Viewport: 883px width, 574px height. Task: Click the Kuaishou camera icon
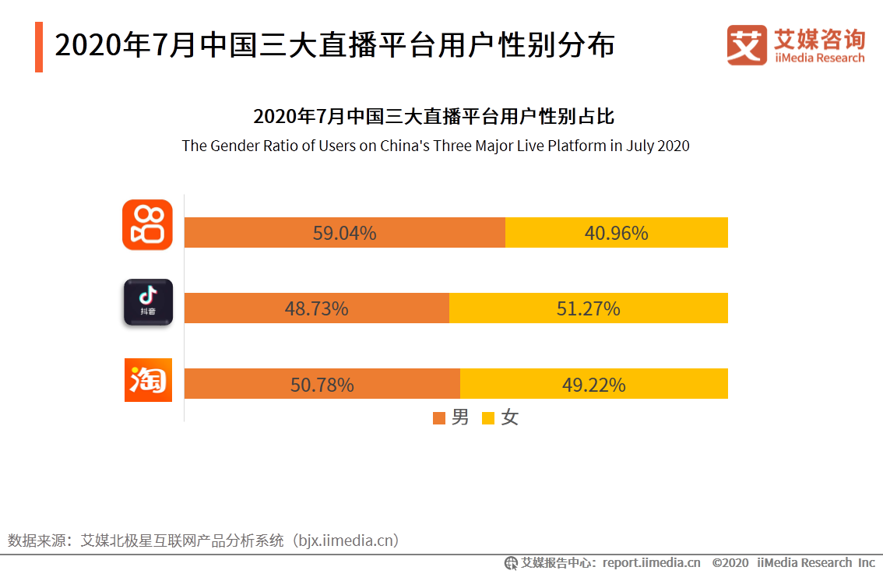[147, 225]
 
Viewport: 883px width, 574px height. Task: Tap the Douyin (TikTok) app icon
[148, 301]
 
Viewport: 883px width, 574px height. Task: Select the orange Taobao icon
[148, 380]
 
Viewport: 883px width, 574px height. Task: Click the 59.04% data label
[344, 233]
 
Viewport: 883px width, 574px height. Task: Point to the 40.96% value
[616, 233]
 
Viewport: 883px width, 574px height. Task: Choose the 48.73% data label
[316, 308]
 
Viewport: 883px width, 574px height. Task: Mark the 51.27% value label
[588, 308]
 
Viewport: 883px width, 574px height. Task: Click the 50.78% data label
[322, 385]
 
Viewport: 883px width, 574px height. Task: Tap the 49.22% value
[593, 385]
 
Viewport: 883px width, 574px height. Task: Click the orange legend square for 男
[439, 418]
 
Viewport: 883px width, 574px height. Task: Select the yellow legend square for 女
[488, 418]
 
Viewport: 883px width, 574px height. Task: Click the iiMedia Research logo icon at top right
[747, 45]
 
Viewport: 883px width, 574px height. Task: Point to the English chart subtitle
[435, 146]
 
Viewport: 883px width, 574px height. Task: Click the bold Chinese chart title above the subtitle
[434, 117]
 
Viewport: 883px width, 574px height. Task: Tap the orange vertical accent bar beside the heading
[39, 47]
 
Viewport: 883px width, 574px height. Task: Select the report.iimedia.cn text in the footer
[651, 562]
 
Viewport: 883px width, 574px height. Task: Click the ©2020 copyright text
[730, 562]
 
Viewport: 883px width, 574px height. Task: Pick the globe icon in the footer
[511, 562]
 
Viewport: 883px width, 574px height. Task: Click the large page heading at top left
[335, 46]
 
